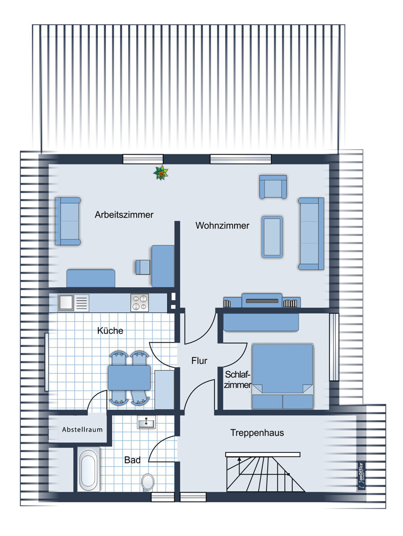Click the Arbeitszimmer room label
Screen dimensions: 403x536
(x=124, y=215)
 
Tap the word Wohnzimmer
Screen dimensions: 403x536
(x=222, y=226)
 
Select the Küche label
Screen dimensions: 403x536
(x=110, y=331)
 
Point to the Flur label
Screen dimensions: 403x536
(x=199, y=360)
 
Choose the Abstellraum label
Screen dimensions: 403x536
(x=82, y=430)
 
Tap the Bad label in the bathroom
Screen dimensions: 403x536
(x=132, y=460)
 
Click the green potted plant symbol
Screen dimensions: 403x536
(x=161, y=173)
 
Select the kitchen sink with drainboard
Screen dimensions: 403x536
(x=73, y=303)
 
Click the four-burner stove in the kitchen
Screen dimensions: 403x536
(x=140, y=303)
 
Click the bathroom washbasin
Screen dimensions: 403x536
(x=146, y=422)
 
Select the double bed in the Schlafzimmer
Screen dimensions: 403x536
(x=282, y=376)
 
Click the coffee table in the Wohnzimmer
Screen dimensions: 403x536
(x=272, y=237)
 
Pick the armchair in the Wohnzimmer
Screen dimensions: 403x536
(x=273, y=187)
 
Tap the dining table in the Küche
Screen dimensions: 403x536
(x=129, y=377)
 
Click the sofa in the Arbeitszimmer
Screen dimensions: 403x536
(x=68, y=221)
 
